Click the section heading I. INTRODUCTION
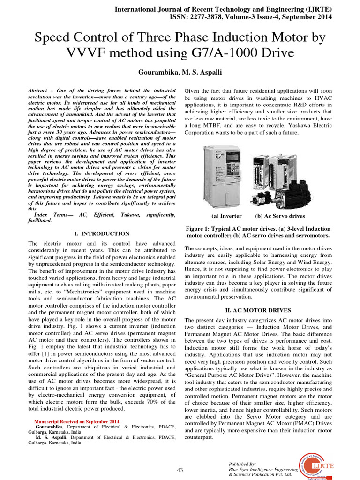(x=102, y=233)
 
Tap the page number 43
(x=180, y=470)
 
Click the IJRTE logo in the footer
(x=322, y=461)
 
